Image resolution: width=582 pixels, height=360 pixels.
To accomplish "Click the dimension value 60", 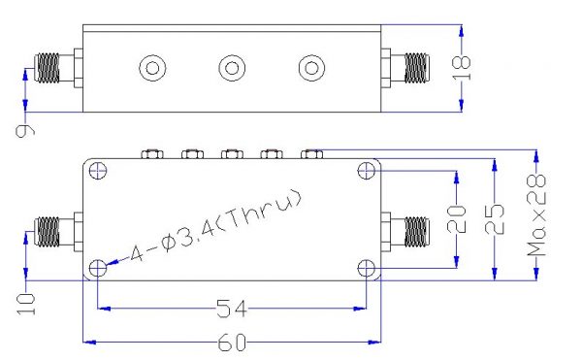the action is click(232, 343).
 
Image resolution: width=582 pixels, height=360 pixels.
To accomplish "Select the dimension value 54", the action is click(232, 309).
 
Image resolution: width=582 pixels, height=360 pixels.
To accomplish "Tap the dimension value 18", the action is click(462, 68).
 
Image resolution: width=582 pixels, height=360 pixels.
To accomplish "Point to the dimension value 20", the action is click(457, 219).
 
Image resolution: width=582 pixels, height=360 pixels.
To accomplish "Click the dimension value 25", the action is click(495, 219).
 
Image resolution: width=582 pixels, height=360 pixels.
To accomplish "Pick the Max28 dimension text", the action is click(536, 215).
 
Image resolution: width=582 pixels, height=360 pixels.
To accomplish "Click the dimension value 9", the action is click(25, 131).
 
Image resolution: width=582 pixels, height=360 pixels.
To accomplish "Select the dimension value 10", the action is click(26, 304).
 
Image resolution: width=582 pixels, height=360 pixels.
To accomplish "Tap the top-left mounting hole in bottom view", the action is click(98, 171).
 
